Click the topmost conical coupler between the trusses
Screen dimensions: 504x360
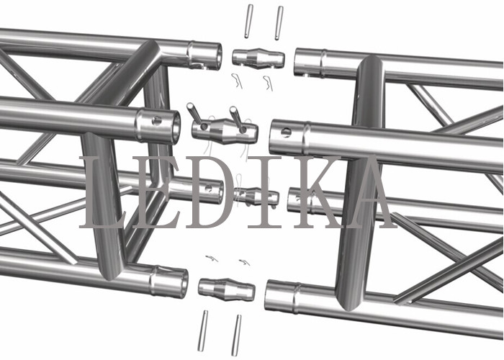(258, 58)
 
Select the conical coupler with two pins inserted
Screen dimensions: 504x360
(225, 131)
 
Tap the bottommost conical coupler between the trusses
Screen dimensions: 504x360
(227, 289)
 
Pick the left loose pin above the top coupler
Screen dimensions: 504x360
(248, 21)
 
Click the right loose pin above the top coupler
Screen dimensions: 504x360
(279, 23)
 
